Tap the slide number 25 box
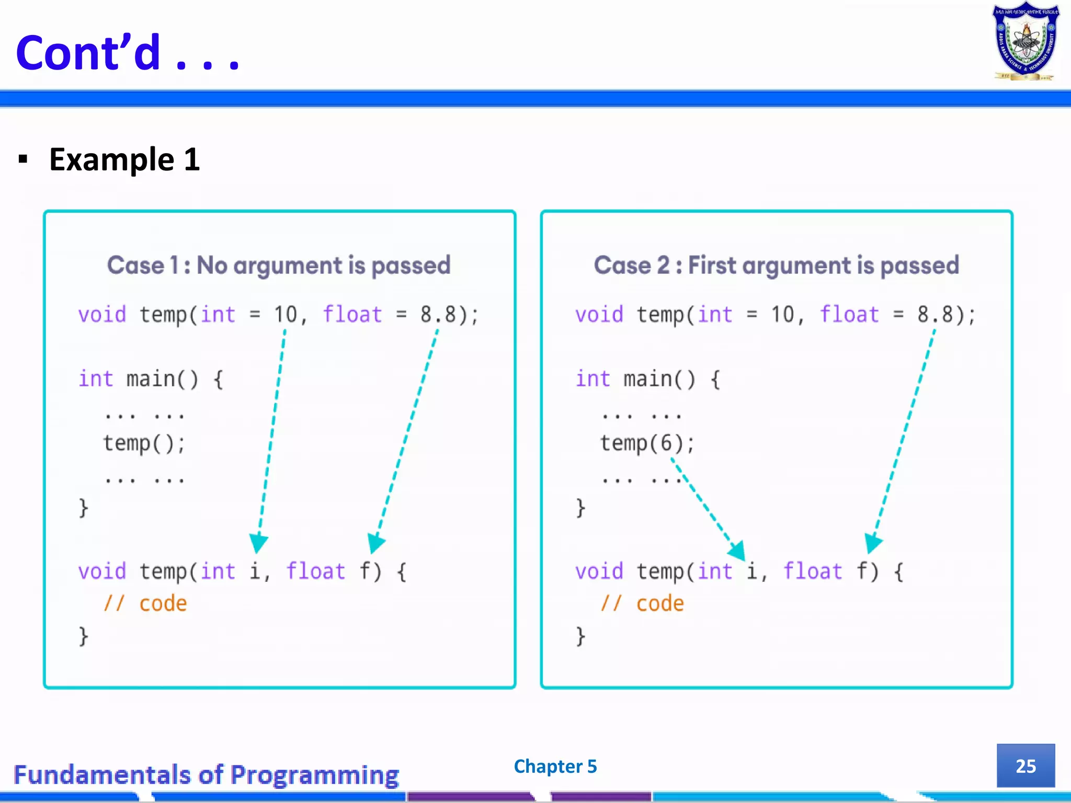pyautogui.click(x=1026, y=766)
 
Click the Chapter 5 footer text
pyautogui.click(x=555, y=766)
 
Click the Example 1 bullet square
pyautogui.click(x=22, y=159)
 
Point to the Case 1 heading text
pyautogui.click(x=279, y=265)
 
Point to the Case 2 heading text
pyautogui.click(x=776, y=265)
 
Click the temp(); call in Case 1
pyautogui.click(x=144, y=443)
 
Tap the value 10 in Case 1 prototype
pyautogui.click(x=286, y=315)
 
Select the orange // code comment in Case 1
pyautogui.click(x=145, y=604)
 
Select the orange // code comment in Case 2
pyautogui.click(x=642, y=604)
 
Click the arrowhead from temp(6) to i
pyautogui.click(x=737, y=550)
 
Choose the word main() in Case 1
pyautogui.click(x=162, y=379)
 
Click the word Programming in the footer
pyautogui.click(x=314, y=775)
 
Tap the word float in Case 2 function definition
pyautogui.click(x=813, y=571)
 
